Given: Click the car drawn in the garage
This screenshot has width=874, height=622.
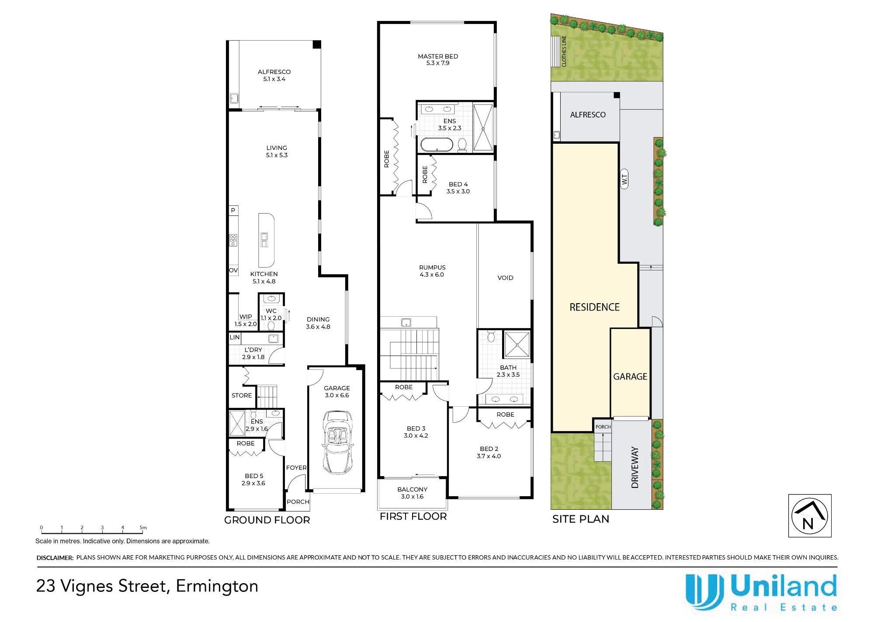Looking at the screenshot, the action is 337,442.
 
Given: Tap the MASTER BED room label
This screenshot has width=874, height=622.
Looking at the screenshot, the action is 438,56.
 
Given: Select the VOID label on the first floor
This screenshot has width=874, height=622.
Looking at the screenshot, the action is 505,278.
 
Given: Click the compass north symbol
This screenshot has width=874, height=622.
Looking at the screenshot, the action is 810,516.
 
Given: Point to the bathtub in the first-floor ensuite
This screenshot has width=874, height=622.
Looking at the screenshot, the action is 437,144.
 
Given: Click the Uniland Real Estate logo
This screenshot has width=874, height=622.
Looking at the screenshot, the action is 761,592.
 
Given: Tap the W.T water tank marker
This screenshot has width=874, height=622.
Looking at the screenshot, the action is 624,179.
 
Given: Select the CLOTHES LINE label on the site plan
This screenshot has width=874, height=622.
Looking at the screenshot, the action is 564,51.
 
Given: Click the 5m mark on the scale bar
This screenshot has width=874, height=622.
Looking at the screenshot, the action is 143,528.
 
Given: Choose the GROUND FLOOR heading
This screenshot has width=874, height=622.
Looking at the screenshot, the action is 267,520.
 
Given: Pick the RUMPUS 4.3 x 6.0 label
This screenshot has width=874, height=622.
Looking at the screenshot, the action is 432,271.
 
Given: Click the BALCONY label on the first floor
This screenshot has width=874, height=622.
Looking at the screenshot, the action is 413,490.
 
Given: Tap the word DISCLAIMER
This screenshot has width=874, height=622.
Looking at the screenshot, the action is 55,558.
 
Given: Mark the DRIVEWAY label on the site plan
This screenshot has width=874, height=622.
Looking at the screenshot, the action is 635,467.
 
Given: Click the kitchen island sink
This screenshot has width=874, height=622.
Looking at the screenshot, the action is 264,240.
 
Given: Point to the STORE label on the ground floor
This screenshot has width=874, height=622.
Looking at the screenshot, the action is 242,395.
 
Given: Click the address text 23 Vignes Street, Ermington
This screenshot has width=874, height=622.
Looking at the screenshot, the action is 147,586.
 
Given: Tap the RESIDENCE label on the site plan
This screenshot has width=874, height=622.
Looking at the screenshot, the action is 594,307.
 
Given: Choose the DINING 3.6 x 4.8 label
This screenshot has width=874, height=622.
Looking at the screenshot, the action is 318,323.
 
